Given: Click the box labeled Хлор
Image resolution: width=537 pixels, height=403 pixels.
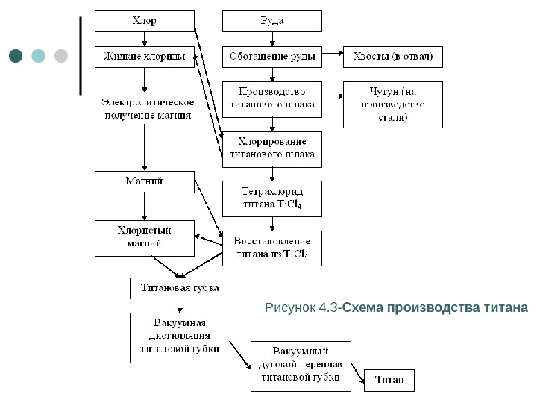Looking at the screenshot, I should pyautogui.click(x=144, y=20).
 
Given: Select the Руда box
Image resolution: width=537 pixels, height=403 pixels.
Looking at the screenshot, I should pyautogui.click(x=271, y=21).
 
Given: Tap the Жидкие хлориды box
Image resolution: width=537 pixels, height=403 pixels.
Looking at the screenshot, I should pyautogui.click(x=144, y=56).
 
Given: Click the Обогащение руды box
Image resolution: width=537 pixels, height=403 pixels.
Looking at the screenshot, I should pyautogui.click(x=271, y=57).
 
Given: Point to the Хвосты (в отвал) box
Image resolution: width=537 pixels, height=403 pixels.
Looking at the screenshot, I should pyautogui.click(x=392, y=57).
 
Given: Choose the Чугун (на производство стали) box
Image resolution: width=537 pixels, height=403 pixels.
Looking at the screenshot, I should pyautogui.click(x=392, y=104).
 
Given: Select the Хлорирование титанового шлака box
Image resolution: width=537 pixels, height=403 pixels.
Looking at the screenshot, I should pyautogui.click(x=271, y=149).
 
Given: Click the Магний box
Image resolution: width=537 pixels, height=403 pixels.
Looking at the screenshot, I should pyautogui.click(x=144, y=181).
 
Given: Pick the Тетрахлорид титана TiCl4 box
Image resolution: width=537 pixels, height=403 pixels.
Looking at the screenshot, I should pyautogui.click(x=271, y=199).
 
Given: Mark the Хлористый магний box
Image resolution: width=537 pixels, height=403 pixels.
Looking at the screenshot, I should pyautogui.click(x=144, y=237).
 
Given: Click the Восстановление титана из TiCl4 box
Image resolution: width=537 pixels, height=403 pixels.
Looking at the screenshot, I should pyautogui.click(x=271, y=249).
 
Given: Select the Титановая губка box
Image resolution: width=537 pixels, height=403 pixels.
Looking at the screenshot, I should pyautogui.click(x=180, y=288).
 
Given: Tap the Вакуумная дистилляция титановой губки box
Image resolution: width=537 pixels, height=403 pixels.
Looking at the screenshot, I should pyautogui.click(x=180, y=337).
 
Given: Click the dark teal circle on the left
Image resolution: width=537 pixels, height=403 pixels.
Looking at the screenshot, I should pyautogui.click(x=16, y=56).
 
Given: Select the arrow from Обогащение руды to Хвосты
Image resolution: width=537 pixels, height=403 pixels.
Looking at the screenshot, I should pyautogui.click(x=332, y=57).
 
